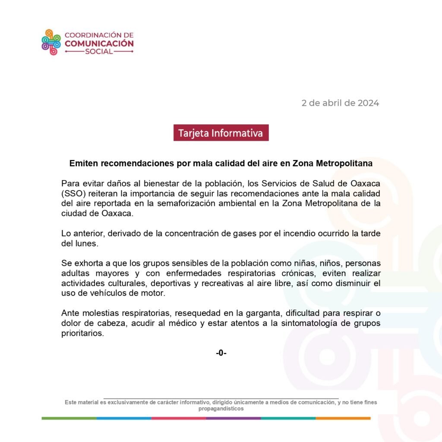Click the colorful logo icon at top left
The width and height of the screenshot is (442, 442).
point(51,42)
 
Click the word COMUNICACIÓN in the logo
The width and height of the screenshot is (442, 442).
point(99,43)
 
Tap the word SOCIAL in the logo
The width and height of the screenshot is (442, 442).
point(99,51)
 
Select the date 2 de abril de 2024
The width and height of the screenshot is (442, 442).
point(340,103)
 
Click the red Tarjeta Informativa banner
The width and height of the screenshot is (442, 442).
point(221,133)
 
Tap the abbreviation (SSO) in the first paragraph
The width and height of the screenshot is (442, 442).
point(72,193)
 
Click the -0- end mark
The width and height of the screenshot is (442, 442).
point(221,353)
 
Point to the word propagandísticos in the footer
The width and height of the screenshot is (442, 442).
point(221,408)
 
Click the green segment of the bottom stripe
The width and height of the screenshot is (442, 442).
point(69,418)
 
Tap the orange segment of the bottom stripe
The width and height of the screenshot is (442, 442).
point(343,418)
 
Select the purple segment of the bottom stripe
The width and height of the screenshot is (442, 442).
point(234,418)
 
